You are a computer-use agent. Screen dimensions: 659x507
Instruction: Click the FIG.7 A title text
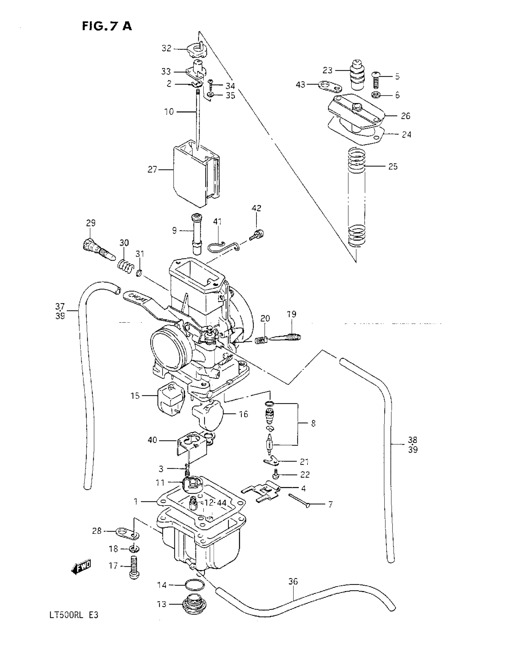click(x=107, y=26)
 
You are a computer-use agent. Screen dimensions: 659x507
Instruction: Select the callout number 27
click(x=152, y=170)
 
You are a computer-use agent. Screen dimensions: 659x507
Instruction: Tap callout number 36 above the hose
click(x=293, y=581)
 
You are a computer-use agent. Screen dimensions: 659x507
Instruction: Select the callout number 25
click(x=393, y=167)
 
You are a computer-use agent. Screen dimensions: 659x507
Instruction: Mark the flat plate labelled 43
click(x=330, y=86)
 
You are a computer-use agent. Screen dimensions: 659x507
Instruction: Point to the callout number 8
click(x=313, y=423)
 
